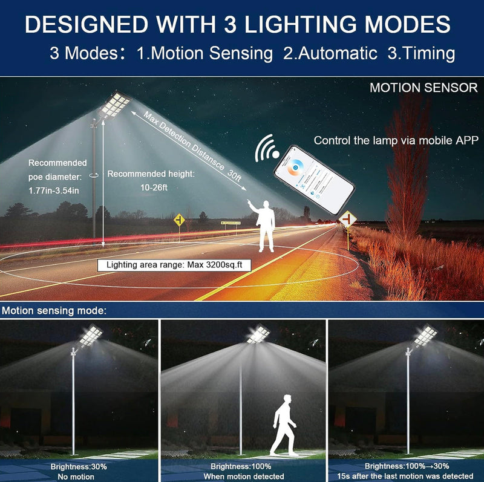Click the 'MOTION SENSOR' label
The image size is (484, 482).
[423, 88]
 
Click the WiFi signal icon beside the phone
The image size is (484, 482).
[266, 149]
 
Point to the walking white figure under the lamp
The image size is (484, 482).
[283, 423]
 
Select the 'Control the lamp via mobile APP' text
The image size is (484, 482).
[396, 140]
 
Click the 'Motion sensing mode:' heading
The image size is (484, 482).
[54, 311]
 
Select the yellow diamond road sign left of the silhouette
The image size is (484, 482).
[179, 220]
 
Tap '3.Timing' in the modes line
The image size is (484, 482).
[421, 53]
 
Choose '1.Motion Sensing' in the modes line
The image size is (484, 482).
[204, 53]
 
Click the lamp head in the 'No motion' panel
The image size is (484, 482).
[89, 336]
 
